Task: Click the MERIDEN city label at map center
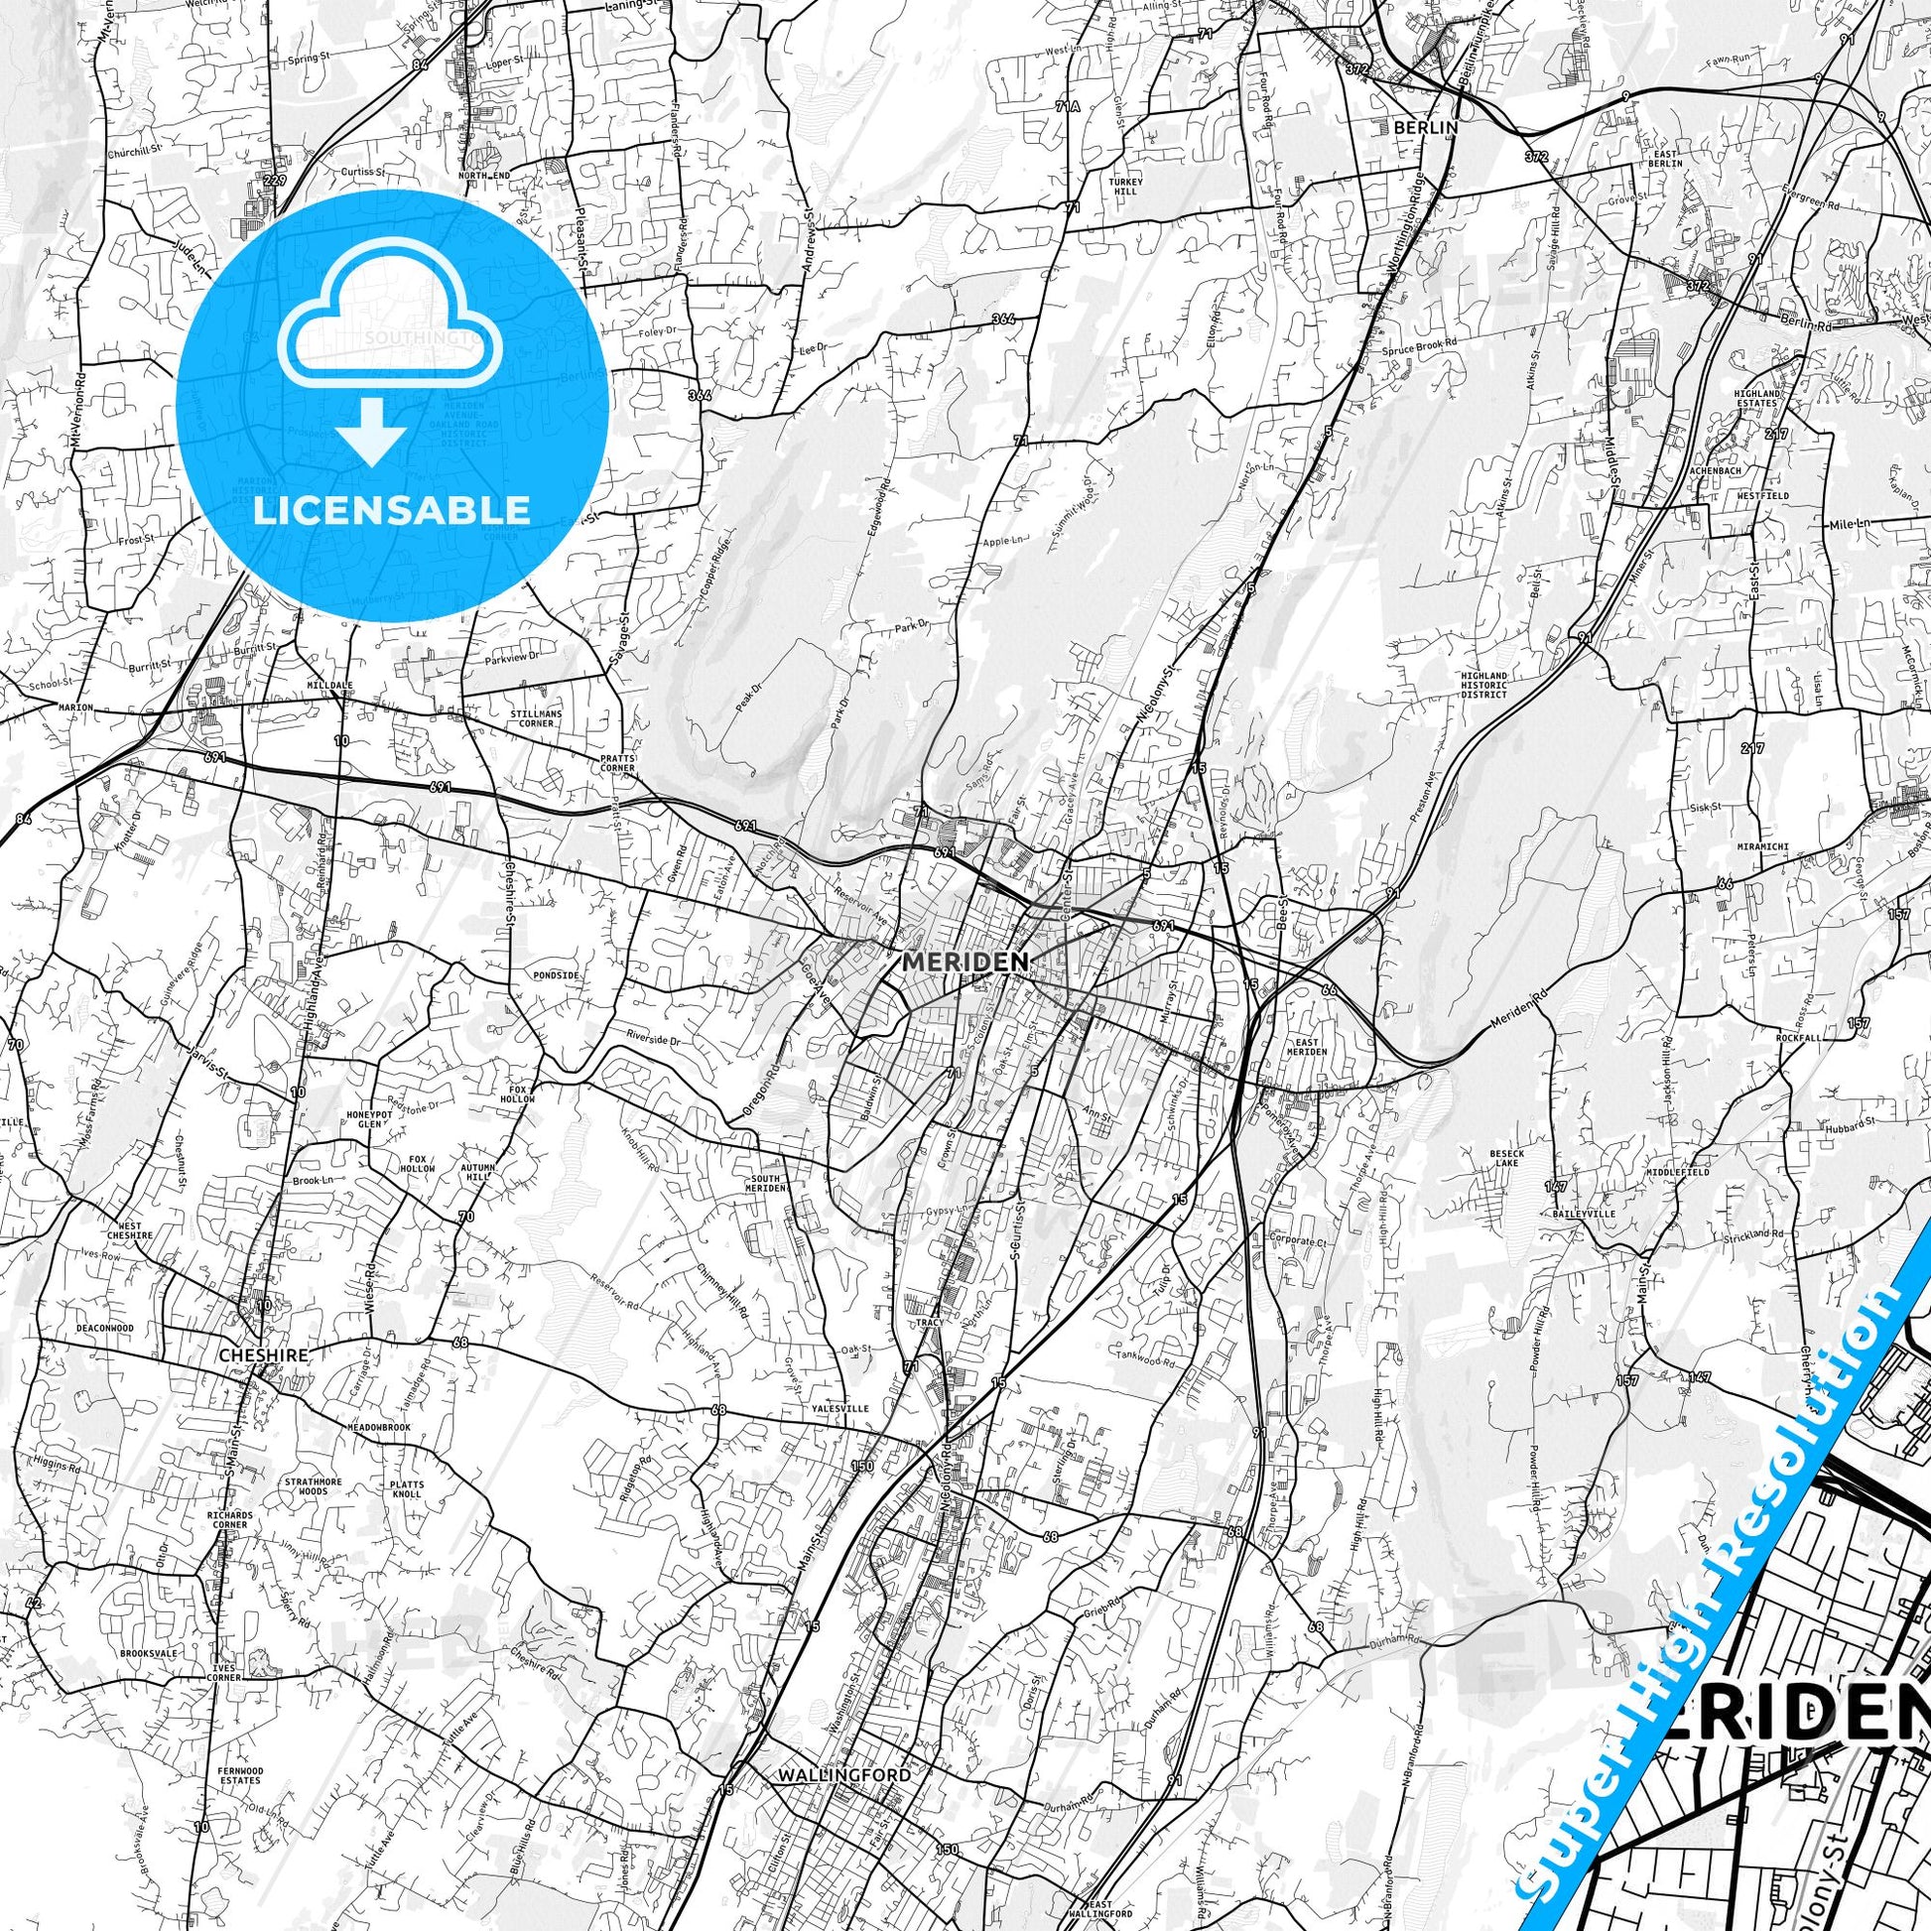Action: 965,961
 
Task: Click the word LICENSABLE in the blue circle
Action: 393,511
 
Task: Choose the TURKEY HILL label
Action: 1117,188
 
